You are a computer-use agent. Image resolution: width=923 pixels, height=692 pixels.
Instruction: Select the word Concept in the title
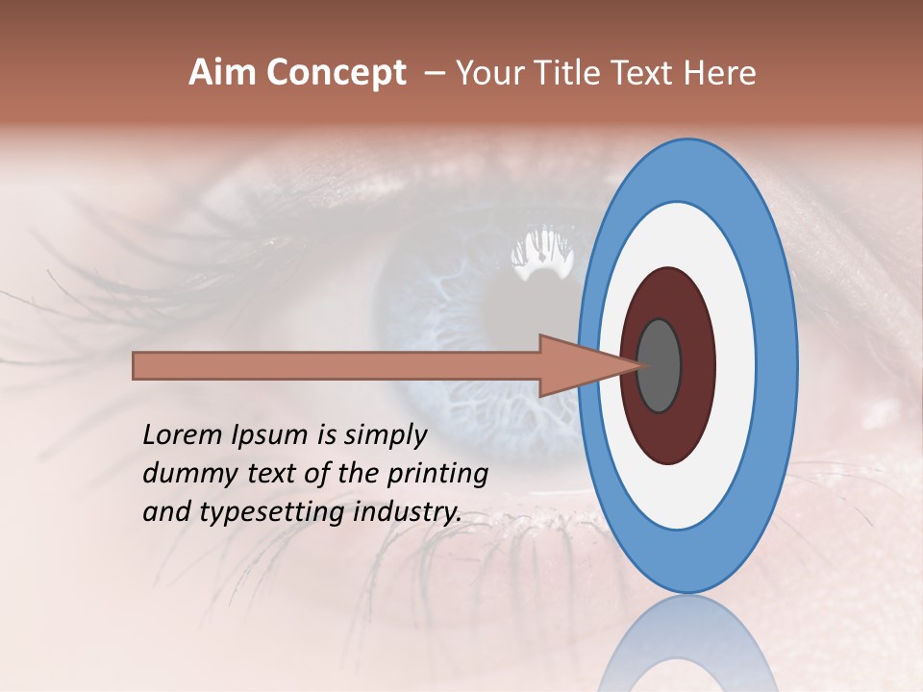pyautogui.click(x=336, y=74)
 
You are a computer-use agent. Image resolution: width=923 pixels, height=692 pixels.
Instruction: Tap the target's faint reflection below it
pyautogui.click(x=686, y=644)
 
